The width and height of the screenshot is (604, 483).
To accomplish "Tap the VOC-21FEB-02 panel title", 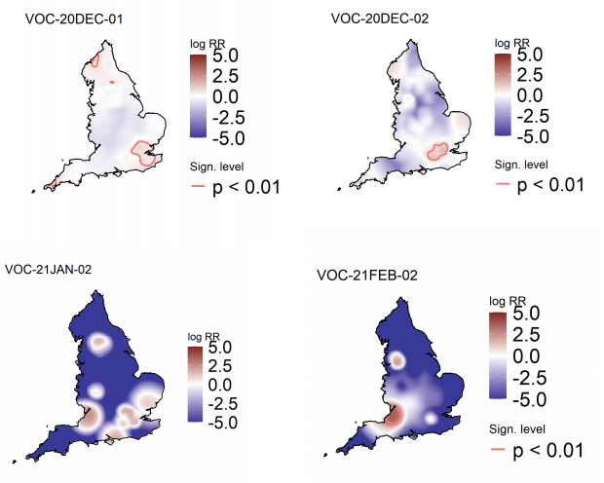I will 367,276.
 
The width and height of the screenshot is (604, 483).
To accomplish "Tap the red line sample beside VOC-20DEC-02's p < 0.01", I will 503,184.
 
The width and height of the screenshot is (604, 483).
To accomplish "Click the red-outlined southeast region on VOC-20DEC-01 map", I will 146,153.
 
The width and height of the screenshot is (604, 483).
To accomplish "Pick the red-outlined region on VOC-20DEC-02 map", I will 435,151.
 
